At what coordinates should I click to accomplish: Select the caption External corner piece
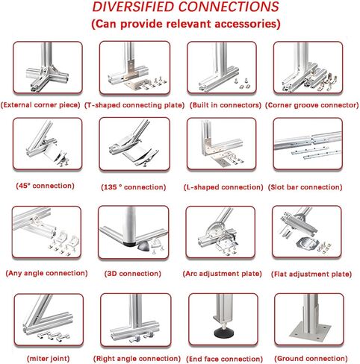click(x=40, y=105)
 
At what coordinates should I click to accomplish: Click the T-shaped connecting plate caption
click(x=134, y=105)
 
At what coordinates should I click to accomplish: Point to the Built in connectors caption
click(x=226, y=105)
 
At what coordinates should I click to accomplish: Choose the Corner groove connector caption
click(x=311, y=105)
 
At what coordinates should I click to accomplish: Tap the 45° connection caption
click(x=45, y=186)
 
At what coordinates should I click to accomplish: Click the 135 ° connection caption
click(x=134, y=187)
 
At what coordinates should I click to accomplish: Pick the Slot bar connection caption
click(x=305, y=187)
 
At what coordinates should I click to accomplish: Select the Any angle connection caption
click(x=46, y=273)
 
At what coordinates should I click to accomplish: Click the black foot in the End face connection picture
click(x=223, y=332)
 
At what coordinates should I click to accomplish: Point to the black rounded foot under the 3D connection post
click(x=129, y=244)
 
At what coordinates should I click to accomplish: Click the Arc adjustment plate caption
click(x=222, y=274)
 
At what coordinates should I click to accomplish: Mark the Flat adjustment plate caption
click(x=311, y=274)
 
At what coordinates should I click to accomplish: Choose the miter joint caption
click(x=48, y=359)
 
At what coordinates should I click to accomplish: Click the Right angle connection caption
click(x=137, y=359)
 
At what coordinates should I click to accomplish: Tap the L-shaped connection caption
click(x=223, y=187)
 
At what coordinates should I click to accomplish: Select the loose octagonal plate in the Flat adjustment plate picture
click(x=306, y=243)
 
